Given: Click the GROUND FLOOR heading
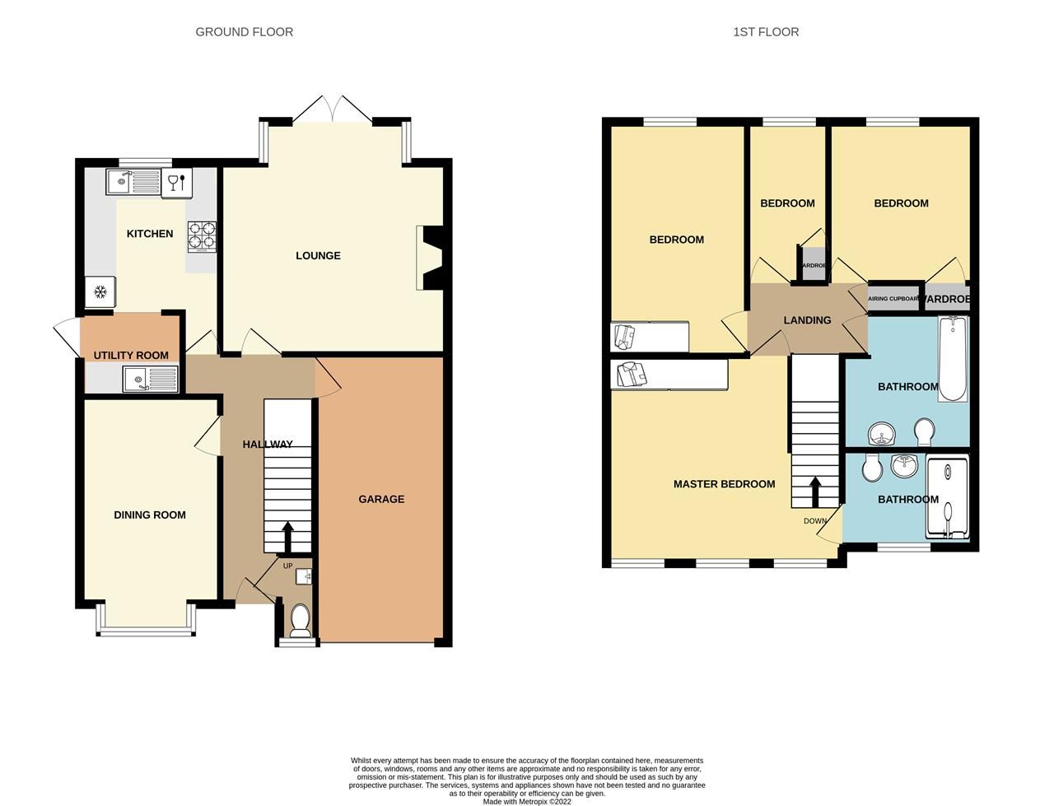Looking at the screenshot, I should tap(244, 32).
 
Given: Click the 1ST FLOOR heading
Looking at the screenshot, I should tap(765, 32).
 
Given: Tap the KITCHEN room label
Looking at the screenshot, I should tap(149, 234).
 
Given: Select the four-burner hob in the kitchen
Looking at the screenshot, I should tap(202, 236).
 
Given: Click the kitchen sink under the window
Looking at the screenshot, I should tap(133, 180).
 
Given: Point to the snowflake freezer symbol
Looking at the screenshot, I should tap(100, 291).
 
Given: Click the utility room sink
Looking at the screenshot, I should tap(150, 379).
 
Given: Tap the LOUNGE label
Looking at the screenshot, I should tap(318, 256).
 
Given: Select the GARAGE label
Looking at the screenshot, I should tap(381, 499).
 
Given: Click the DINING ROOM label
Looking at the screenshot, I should tap(149, 515).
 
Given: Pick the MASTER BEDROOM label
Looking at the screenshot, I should tap(724, 484).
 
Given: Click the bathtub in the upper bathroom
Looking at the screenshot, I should tap(953, 358).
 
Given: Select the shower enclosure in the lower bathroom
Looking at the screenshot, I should tap(948, 499).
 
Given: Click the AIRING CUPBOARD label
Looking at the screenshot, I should tap(893, 299).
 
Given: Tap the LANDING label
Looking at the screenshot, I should tap(807, 320).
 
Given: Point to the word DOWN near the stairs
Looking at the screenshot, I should tap(815, 521).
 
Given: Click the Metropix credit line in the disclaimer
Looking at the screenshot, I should tap(526, 801).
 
